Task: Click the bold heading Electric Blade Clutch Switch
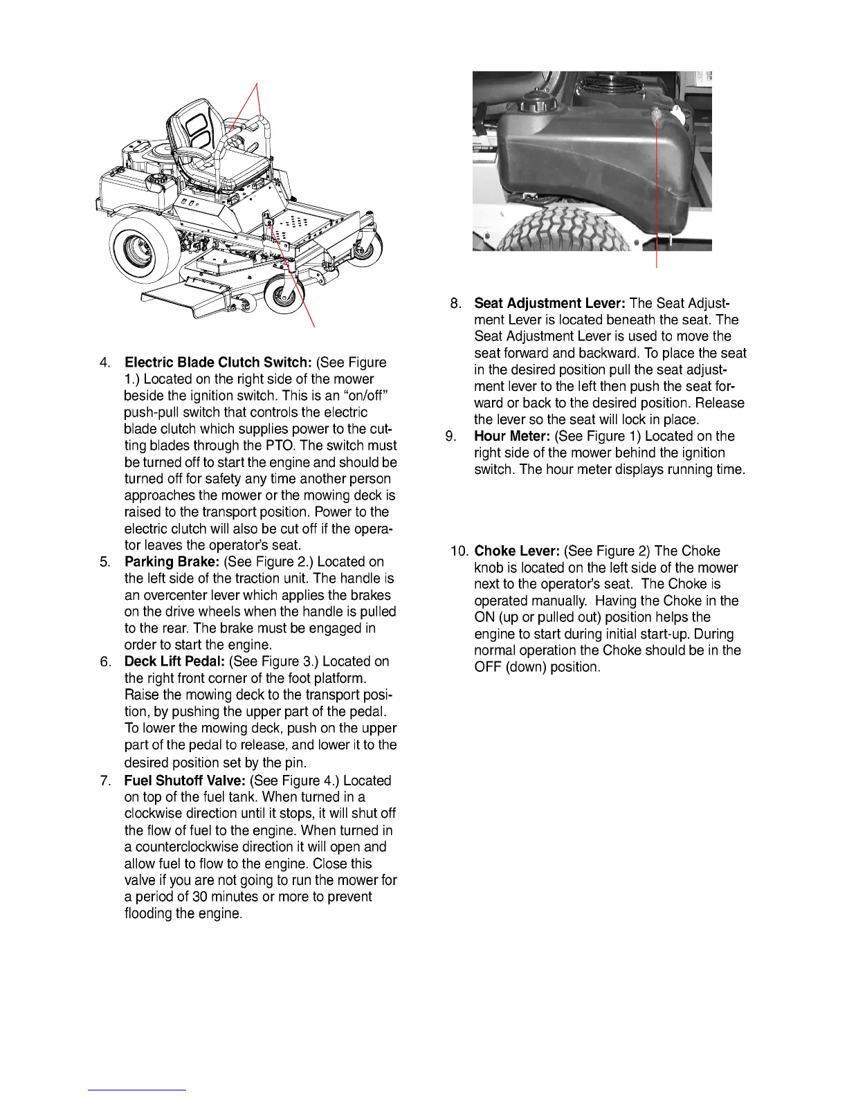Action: [219, 363]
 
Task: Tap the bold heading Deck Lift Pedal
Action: [174, 661]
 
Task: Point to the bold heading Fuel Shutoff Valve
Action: [185, 780]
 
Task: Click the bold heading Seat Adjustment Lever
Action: [549, 303]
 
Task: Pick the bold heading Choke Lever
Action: [517, 551]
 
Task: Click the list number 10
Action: [459, 551]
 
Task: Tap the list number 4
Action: [105, 363]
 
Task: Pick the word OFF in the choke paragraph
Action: [487, 667]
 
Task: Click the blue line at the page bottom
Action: [137, 1090]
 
